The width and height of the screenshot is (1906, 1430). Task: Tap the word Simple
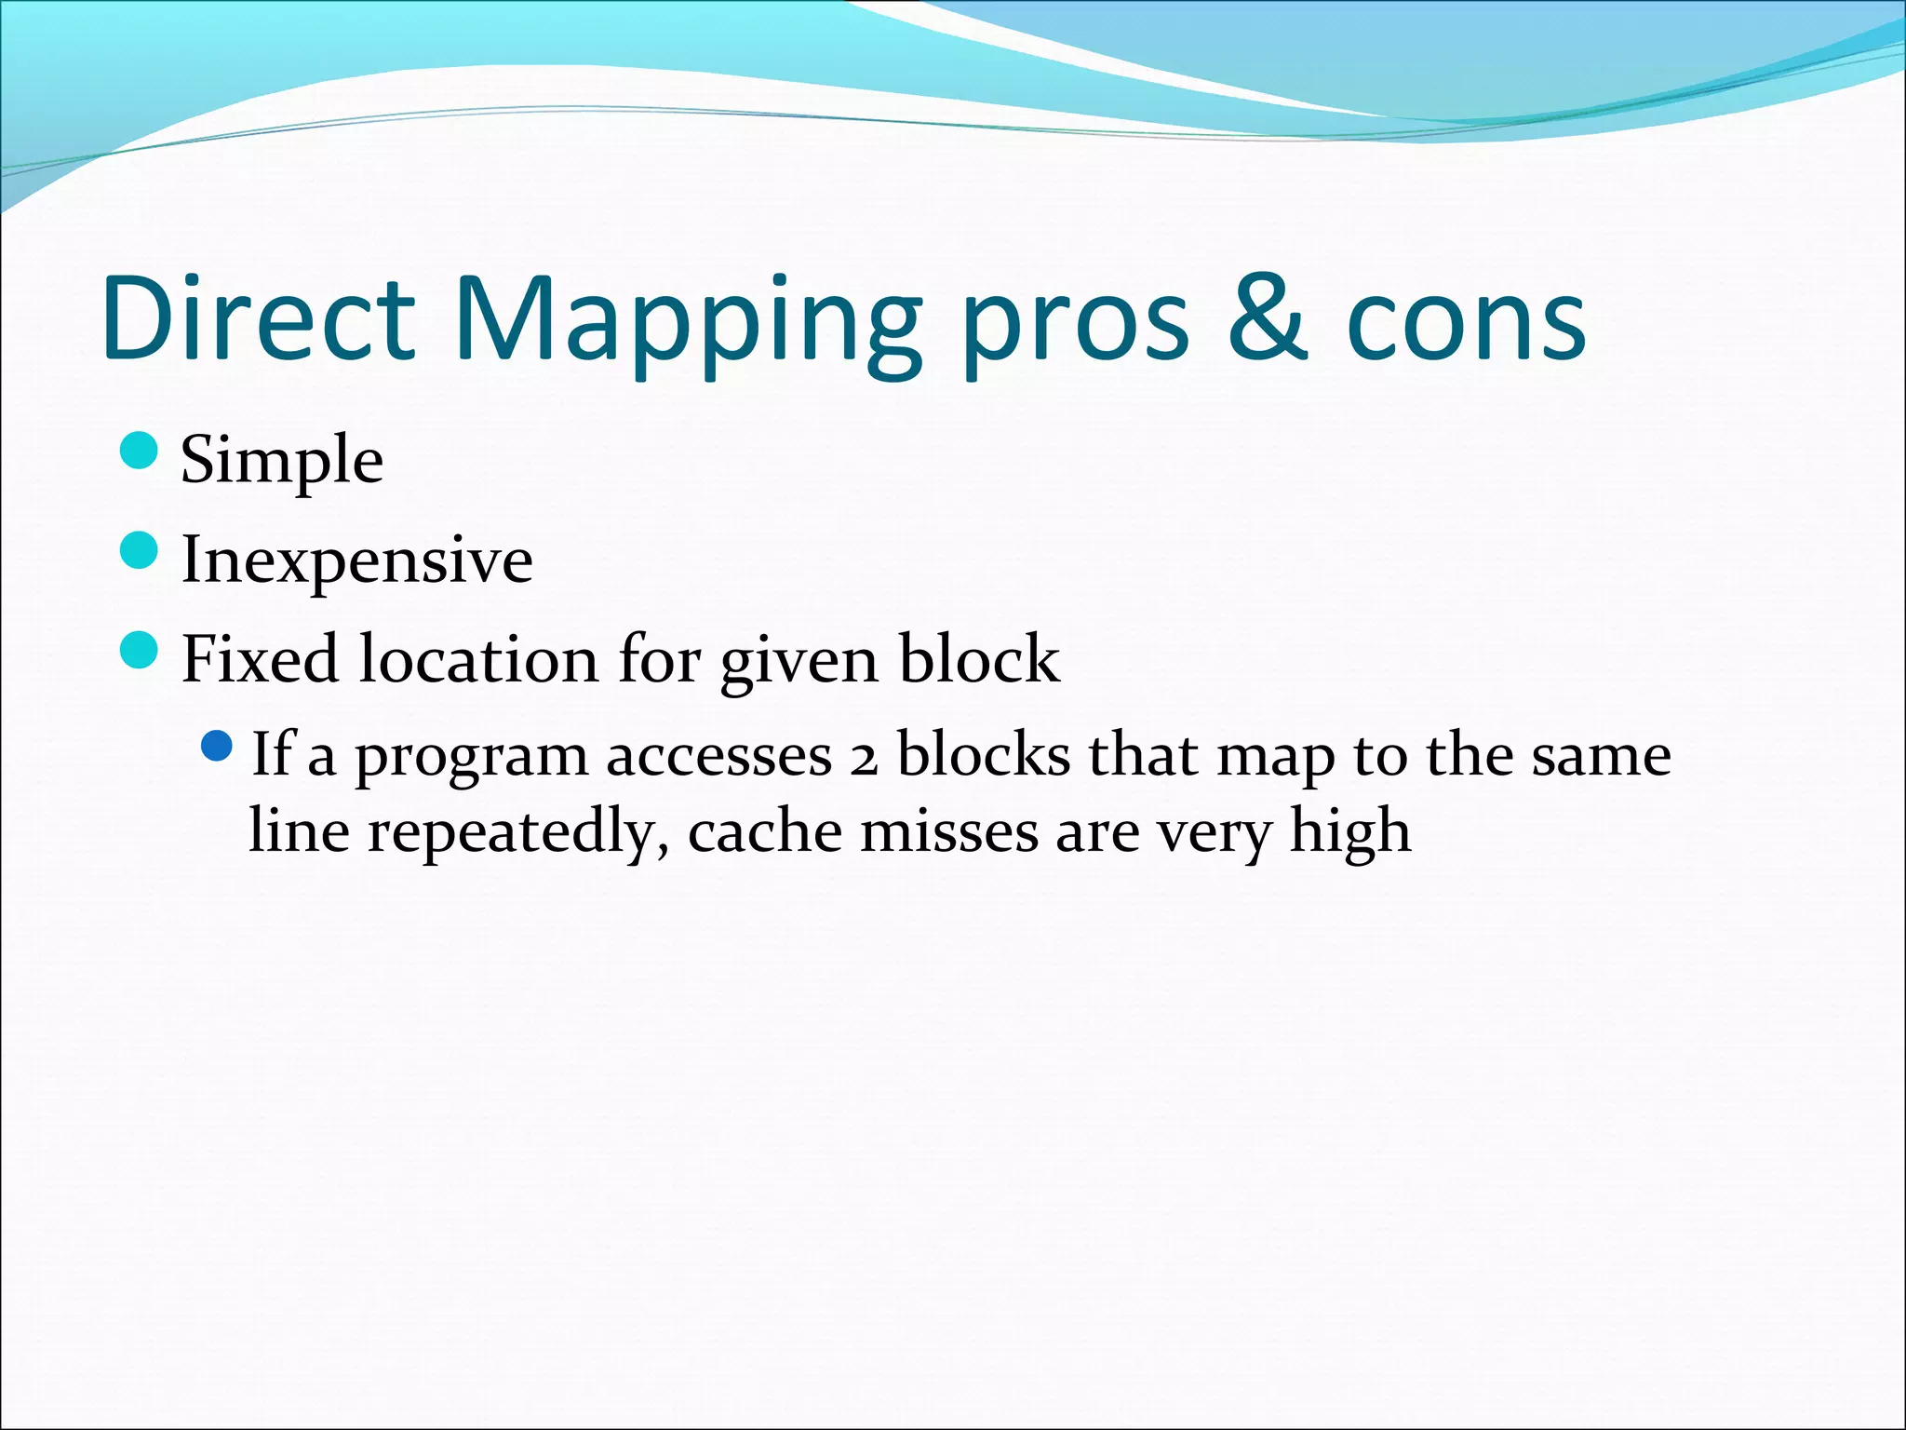click(281, 461)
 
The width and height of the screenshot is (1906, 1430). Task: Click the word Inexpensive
click(356, 560)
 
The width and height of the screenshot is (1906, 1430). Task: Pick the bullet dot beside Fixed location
click(140, 649)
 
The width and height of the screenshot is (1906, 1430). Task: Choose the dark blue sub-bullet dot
click(216, 746)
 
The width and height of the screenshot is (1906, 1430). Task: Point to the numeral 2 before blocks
click(864, 759)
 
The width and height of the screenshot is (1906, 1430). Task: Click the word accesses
click(718, 757)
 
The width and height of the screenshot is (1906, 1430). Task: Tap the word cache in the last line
click(764, 831)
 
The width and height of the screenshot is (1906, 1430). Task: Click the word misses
click(948, 831)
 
